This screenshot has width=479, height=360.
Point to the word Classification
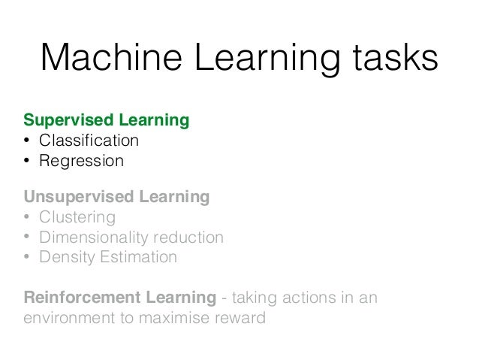89,141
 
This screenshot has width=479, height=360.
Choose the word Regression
81,161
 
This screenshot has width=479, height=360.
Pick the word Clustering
77,218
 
